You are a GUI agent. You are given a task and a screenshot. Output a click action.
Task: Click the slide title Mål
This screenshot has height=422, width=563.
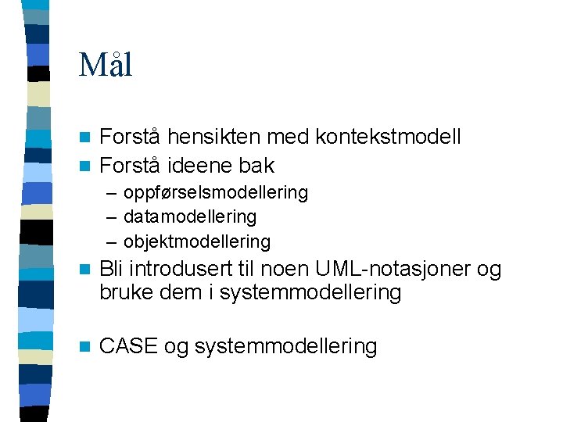tap(106, 65)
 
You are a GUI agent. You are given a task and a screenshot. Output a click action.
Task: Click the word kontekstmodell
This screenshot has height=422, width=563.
tap(388, 138)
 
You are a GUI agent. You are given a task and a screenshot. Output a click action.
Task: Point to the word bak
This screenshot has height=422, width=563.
tap(256, 166)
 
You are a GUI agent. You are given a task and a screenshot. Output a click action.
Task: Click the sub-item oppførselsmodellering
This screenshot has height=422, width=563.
tap(216, 192)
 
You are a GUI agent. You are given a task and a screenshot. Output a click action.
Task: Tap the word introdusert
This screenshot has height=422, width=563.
tap(181, 269)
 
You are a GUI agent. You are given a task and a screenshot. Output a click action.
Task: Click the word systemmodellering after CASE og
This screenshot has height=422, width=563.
tap(285, 346)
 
